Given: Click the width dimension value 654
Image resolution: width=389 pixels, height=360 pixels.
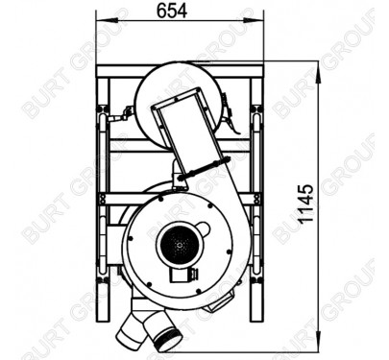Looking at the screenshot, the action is [172, 12].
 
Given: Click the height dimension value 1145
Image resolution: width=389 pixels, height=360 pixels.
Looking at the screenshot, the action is [305, 204].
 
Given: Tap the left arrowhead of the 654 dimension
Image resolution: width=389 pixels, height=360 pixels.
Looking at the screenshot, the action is [106, 21].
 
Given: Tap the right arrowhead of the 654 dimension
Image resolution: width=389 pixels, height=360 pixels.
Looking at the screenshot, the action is [255, 21].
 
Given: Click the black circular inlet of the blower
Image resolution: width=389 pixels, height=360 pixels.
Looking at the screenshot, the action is [180, 246].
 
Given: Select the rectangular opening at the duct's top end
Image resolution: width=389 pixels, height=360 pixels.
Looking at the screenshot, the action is [179, 101].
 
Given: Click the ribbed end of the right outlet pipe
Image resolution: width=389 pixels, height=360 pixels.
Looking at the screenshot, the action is [168, 339].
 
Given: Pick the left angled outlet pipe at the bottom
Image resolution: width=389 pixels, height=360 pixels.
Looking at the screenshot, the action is [131, 330].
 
